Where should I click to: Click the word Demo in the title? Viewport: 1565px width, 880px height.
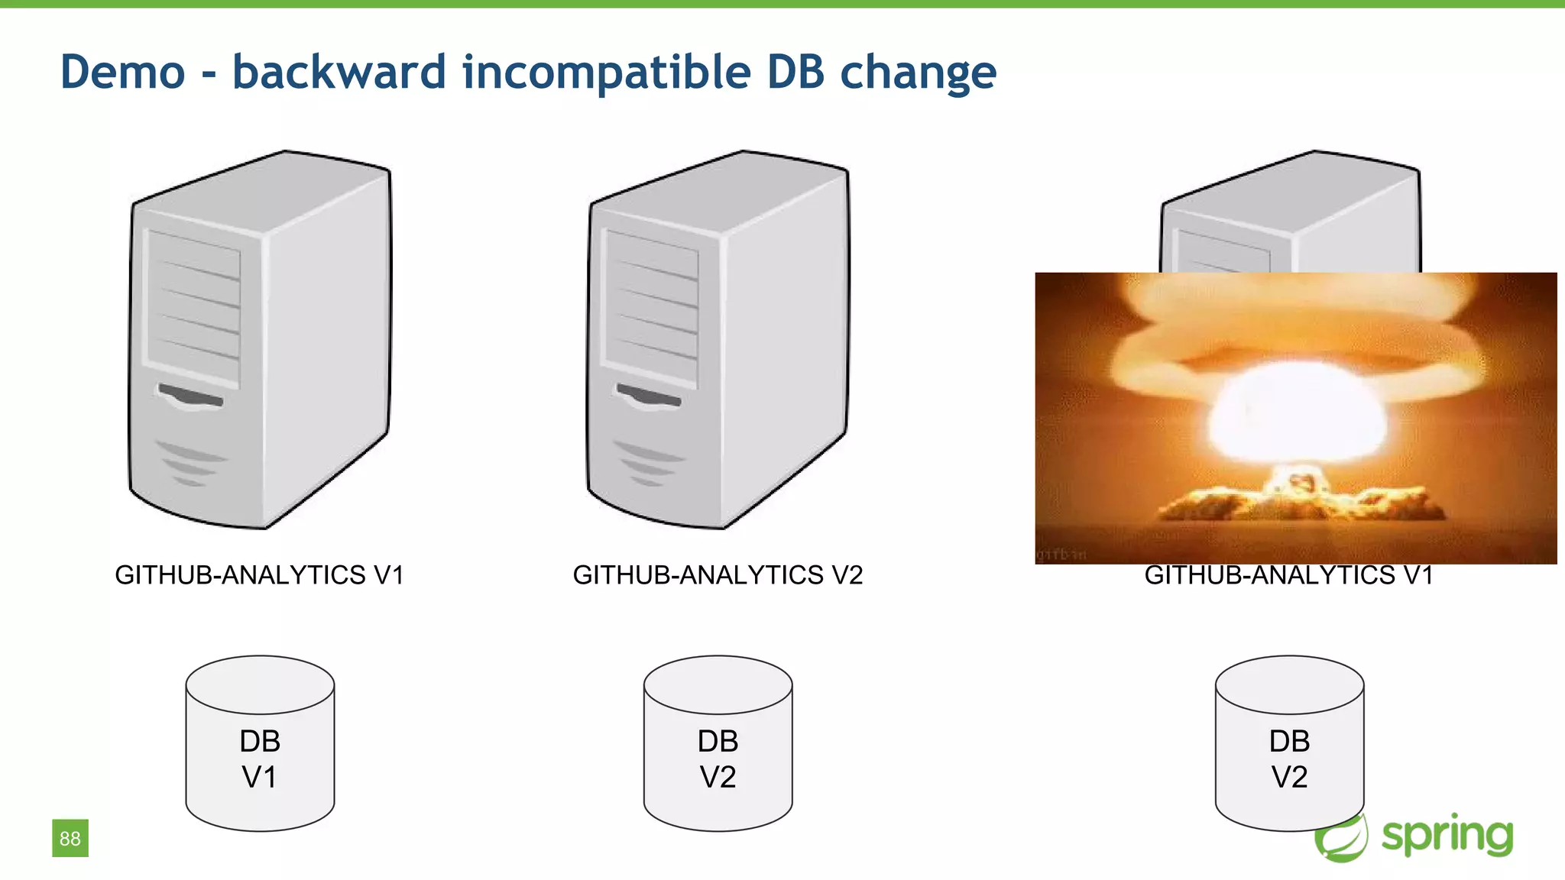coord(122,72)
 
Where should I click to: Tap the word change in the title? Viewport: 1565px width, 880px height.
coord(918,72)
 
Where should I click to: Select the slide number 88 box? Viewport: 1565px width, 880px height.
coord(70,838)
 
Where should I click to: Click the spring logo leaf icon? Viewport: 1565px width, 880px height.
coord(1341,838)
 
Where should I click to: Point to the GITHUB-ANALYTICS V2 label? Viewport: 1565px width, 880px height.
coord(718,574)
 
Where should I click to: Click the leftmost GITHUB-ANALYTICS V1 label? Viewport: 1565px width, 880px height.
coord(259,574)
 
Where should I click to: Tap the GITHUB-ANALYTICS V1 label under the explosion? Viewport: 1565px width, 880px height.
coord(1288,575)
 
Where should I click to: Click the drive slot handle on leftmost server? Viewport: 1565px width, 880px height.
coord(191,396)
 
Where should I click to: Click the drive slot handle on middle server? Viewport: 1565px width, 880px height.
coord(649,396)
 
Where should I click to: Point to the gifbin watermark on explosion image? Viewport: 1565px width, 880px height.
coord(1061,554)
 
